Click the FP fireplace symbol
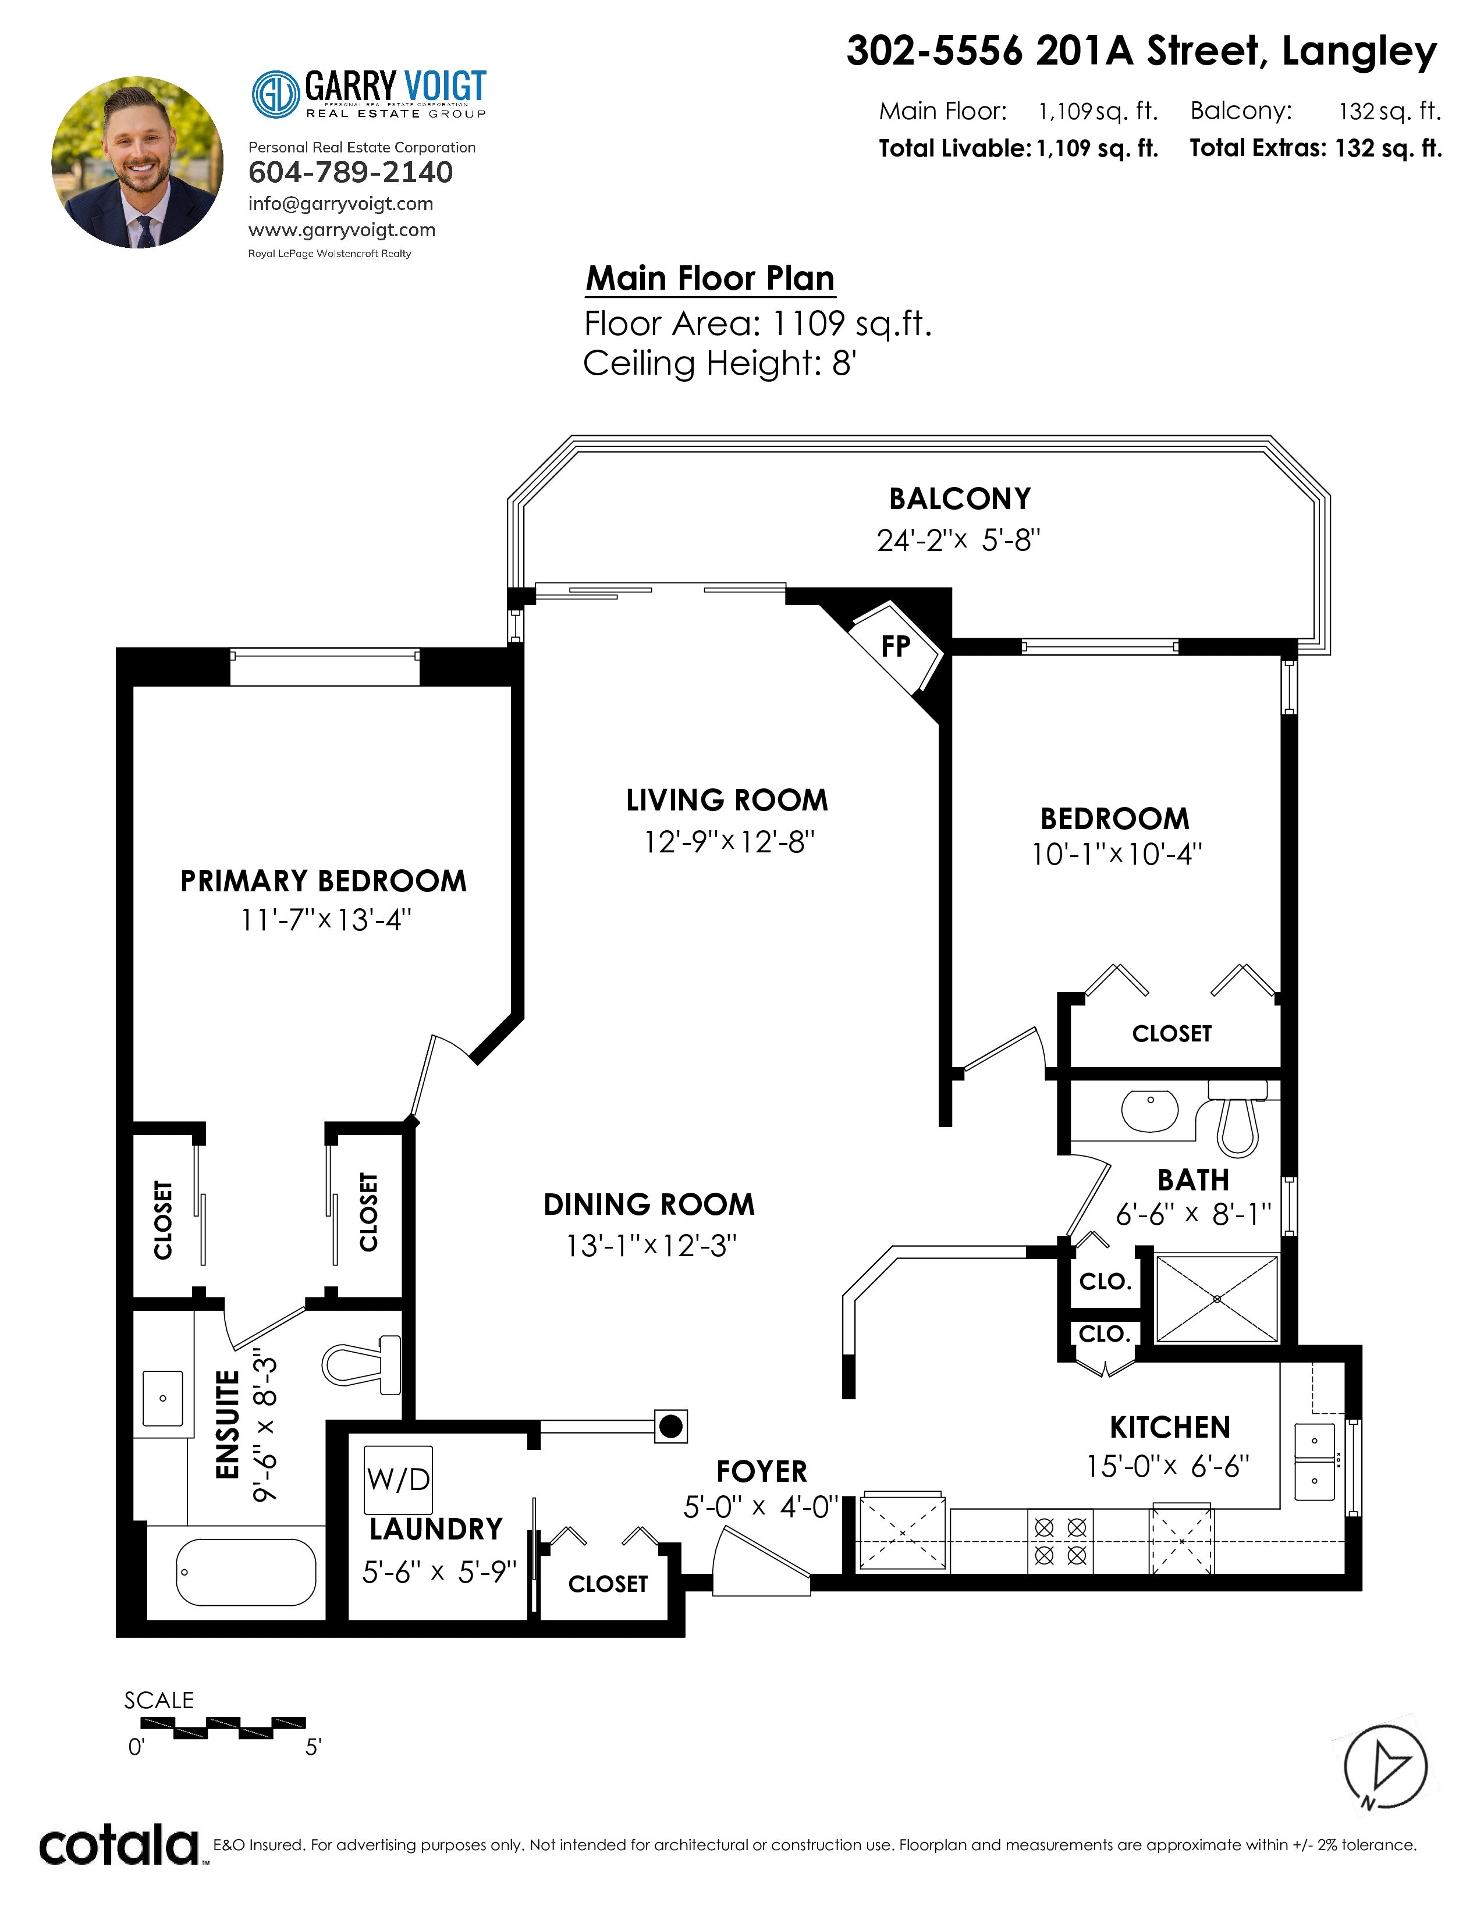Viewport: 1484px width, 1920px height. tap(896, 647)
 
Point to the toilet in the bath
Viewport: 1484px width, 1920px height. tap(1238, 1117)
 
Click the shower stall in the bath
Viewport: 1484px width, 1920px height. tap(1217, 1299)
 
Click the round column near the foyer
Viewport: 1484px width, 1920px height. tap(671, 1426)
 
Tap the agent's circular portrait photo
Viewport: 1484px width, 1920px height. tap(138, 163)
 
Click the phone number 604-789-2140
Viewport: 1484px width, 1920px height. tap(351, 172)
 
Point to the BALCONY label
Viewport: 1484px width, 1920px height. tap(960, 499)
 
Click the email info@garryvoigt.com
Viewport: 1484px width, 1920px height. tap(341, 204)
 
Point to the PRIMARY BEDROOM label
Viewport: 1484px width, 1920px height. tap(324, 881)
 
